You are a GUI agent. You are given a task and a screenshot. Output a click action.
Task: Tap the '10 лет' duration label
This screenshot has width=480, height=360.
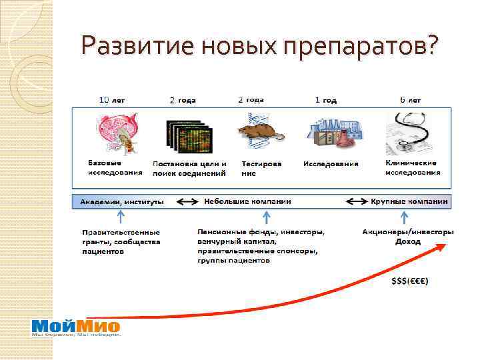[x=112, y=100]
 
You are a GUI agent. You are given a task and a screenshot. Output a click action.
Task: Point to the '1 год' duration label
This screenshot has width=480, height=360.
[x=325, y=100]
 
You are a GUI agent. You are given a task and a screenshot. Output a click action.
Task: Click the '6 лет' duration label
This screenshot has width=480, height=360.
[x=410, y=100]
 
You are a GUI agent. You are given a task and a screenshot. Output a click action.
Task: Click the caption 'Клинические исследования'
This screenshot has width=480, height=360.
[x=412, y=167]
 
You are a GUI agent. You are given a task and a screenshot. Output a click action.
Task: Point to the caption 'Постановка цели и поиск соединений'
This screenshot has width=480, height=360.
[x=189, y=168]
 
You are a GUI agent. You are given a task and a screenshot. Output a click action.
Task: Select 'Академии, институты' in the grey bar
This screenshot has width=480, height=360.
[x=122, y=201]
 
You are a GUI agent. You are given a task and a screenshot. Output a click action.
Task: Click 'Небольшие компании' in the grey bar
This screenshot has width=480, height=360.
[x=247, y=201]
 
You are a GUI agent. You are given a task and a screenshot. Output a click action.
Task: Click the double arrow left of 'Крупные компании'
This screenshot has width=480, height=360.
[x=358, y=201]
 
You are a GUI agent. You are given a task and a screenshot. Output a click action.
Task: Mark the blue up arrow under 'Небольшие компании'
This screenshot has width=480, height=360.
[x=266, y=217]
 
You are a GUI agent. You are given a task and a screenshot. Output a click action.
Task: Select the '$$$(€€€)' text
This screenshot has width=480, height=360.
[x=410, y=280]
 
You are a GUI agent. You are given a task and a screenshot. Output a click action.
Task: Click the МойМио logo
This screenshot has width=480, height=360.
[x=76, y=327]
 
